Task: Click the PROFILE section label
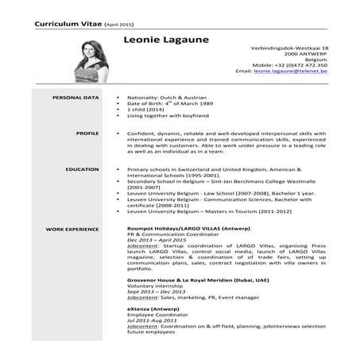tap(87, 134)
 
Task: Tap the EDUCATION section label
tap(83, 169)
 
